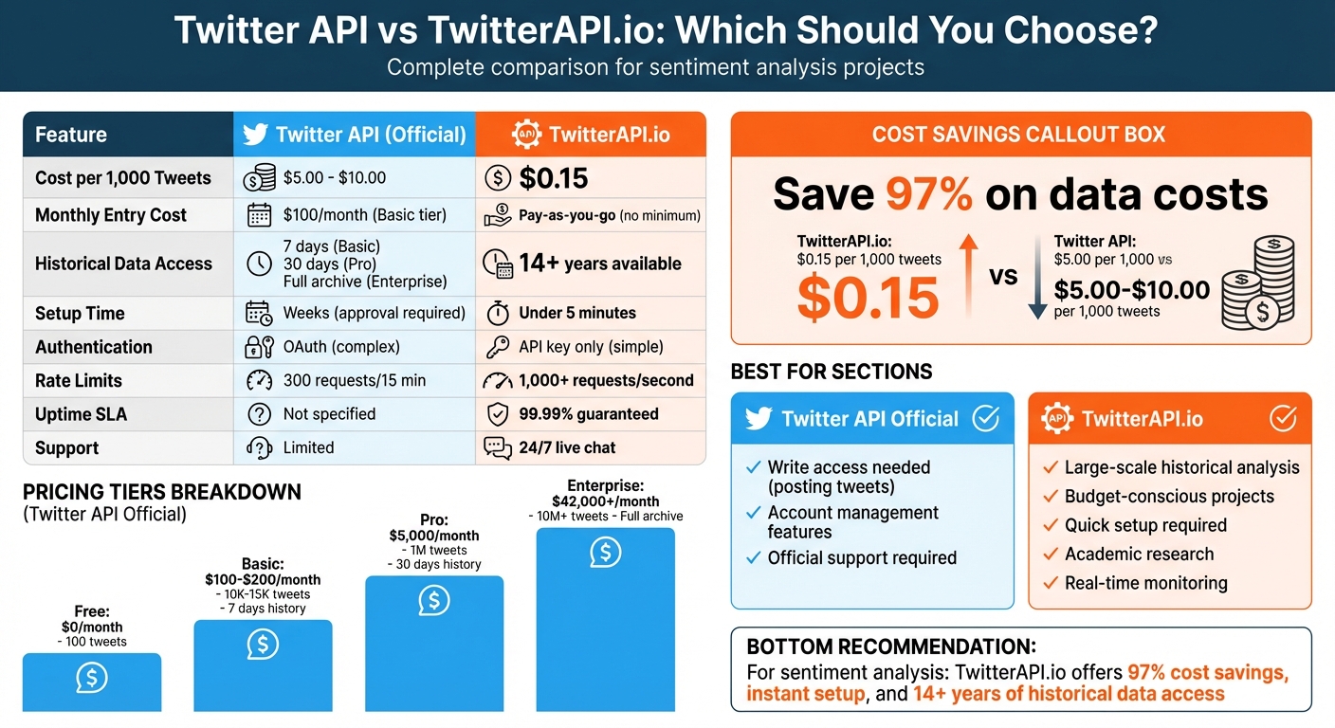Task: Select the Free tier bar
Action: click(92, 681)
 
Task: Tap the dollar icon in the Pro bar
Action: click(434, 600)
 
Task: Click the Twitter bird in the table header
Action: click(255, 135)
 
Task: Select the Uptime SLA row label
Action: click(81, 414)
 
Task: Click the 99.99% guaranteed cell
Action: click(588, 414)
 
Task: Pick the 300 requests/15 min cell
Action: click(354, 381)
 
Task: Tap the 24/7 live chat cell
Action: click(567, 447)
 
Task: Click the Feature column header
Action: click(71, 135)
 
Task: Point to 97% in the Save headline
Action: click(928, 194)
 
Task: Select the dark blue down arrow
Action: click(1037, 283)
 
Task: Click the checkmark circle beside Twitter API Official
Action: click(986, 419)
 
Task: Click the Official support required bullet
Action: click(861, 558)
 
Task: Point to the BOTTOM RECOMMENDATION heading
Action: click(890, 647)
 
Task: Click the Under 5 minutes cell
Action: click(576, 313)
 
